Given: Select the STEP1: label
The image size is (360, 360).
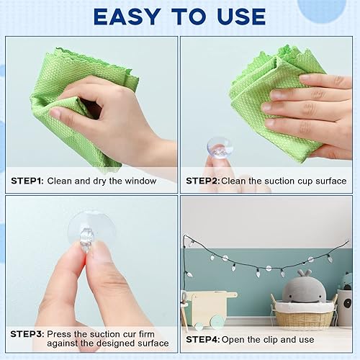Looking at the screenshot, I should [x=27, y=181].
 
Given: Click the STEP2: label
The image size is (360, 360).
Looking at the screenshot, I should [x=203, y=181].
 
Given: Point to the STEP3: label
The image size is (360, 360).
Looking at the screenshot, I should [x=27, y=335].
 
